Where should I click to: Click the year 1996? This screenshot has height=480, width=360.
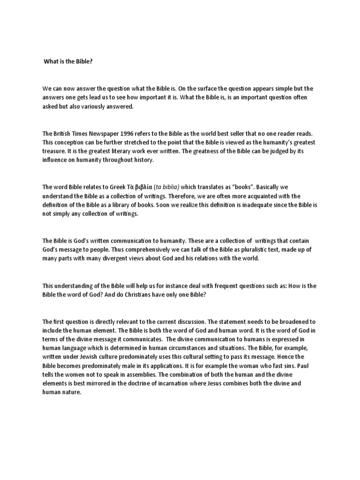point(134,134)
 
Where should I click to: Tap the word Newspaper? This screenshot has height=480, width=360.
point(106,134)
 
